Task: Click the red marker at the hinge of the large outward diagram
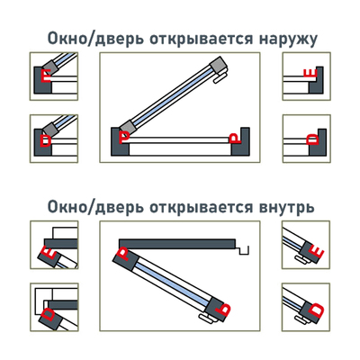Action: click(x=124, y=138)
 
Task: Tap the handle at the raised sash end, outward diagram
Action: click(x=220, y=76)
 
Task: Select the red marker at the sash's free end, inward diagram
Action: click(x=226, y=309)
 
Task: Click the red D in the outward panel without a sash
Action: click(x=311, y=139)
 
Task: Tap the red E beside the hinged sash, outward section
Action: click(x=48, y=77)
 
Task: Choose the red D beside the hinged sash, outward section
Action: click(x=46, y=140)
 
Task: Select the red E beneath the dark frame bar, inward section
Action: click(x=49, y=255)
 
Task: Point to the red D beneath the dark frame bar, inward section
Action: click(x=48, y=314)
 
